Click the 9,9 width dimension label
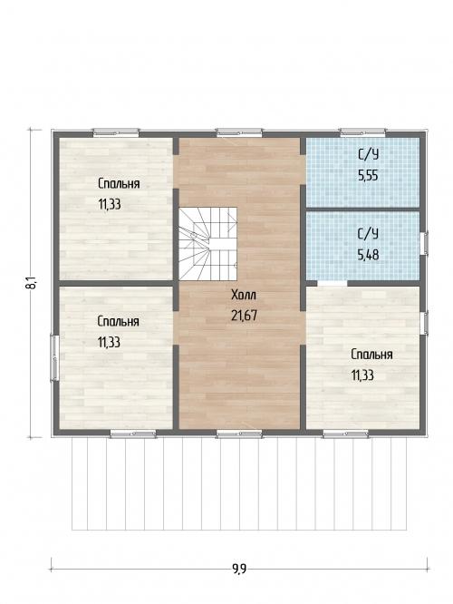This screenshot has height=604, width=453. pyautogui.click(x=239, y=569)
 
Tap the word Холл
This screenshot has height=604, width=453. pyautogui.click(x=244, y=296)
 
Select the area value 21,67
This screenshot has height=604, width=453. pyautogui.click(x=244, y=316)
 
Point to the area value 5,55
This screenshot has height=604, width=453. pyautogui.click(x=368, y=176)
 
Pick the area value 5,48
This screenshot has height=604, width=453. pyautogui.click(x=368, y=255)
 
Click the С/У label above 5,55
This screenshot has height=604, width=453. pyautogui.click(x=368, y=155)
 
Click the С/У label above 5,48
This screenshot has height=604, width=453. pyautogui.click(x=368, y=234)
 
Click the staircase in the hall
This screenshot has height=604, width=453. pyautogui.click(x=207, y=244)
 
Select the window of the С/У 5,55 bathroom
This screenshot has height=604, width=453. pyautogui.click(x=362, y=132)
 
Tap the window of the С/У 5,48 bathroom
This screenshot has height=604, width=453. pyautogui.click(x=424, y=243)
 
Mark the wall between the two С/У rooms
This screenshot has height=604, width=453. pyautogui.click(x=362, y=209)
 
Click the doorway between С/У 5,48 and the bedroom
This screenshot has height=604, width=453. pyautogui.click(x=333, y=283)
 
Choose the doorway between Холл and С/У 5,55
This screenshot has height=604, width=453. pyautogui.click(x=303, y=170)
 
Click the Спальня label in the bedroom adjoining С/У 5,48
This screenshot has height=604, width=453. pyautogui.click(x=371, y=355)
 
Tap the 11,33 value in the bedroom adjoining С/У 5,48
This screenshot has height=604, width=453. pyautogui.click(x=362, y=375)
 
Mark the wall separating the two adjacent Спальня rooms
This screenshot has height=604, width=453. pyautogui.click(x=116, y=283)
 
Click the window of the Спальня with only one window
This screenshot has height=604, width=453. pyautogui.click(x=116, y=132)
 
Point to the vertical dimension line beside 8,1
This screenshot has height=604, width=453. pyautogui.click(x=31, y=284)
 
